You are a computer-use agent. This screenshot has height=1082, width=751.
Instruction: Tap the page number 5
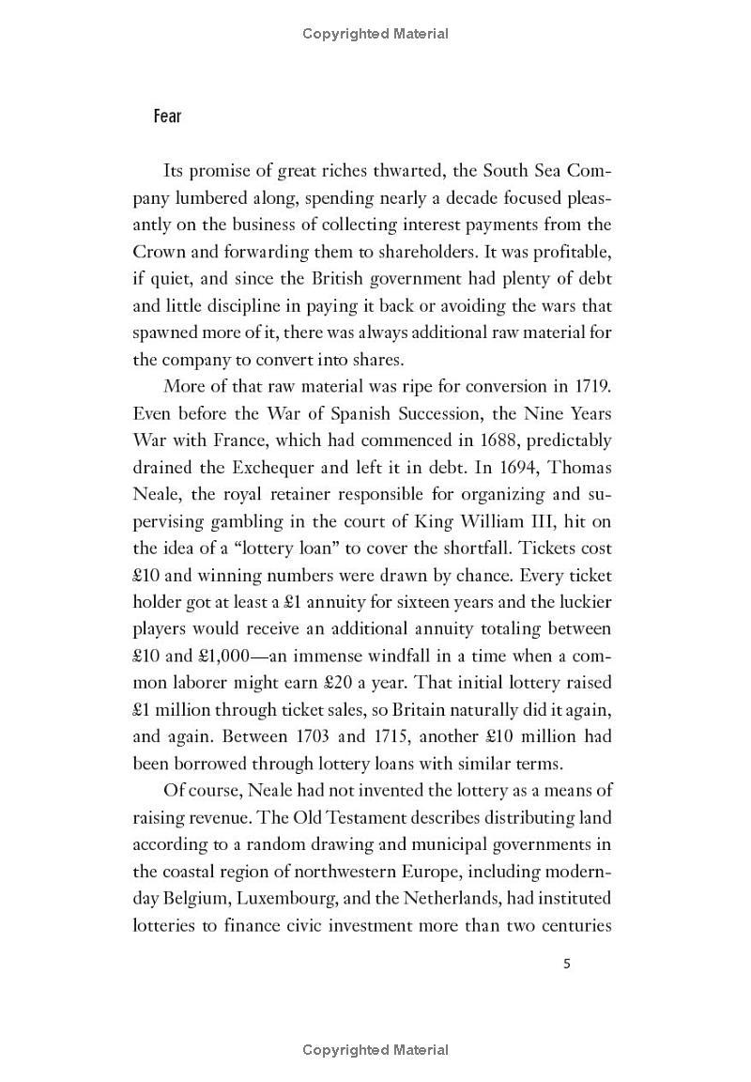click(566, 964)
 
